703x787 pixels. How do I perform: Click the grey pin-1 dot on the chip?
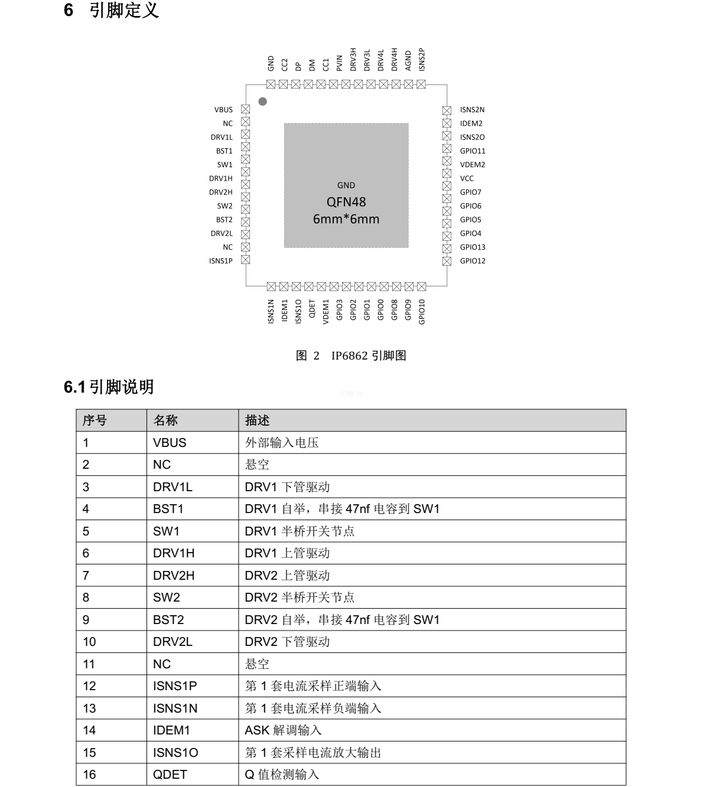tap(263, 102)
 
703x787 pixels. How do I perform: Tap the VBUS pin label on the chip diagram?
tap(223, 110)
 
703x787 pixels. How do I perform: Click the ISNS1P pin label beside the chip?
tap(221, 261)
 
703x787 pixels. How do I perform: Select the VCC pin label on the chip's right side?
tap(467, 178)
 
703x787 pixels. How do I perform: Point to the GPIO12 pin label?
tap(473, 261)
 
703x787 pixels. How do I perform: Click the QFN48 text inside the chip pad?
tap(346, 202)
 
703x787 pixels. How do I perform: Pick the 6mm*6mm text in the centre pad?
tap(346, 219)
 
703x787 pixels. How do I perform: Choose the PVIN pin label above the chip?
tap(339, 63)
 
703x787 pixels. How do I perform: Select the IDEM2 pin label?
tap(471, 123)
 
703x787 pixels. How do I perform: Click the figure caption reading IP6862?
tap(351, 355)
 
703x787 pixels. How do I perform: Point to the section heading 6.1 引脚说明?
tap(109, 387)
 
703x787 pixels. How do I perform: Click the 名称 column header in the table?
tap(165, 420)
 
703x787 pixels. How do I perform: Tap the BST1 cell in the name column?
tap(168, 509)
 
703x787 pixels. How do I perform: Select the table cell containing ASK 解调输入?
tap(284, 730)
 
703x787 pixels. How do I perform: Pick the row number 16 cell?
tap(89, 775)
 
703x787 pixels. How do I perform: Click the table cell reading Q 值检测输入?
tap(282, 775)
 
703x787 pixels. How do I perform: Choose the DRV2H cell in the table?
tap(174, 576)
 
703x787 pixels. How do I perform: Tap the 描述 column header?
tap(258, 420)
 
